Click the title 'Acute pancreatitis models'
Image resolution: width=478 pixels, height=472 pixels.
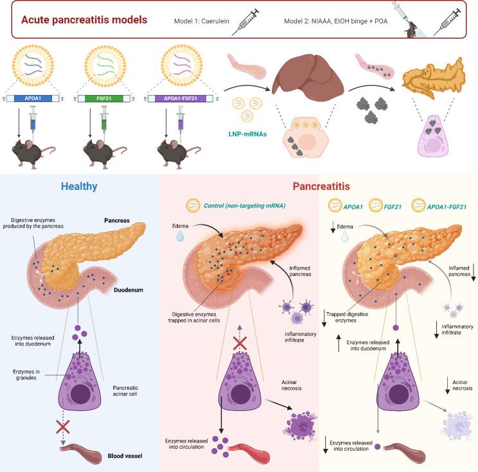point(76,19)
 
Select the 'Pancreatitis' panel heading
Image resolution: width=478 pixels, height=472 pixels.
point(321,187)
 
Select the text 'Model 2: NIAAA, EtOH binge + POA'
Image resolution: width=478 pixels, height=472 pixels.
point(332,21)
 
